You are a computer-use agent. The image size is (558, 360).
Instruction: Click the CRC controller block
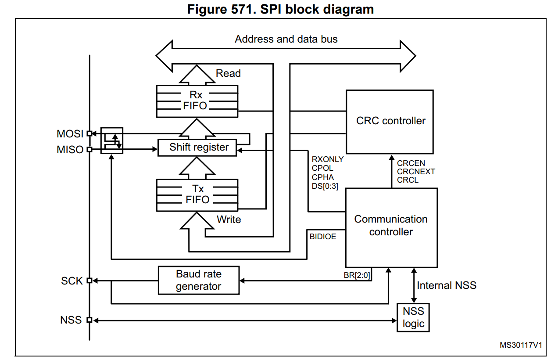click(390, 122)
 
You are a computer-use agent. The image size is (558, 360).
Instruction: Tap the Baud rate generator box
click(199, 280)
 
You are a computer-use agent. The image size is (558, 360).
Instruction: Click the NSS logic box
click(413, 317)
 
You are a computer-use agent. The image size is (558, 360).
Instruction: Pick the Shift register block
click(199, 147)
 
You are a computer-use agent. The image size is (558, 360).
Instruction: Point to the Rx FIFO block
click(197, 101)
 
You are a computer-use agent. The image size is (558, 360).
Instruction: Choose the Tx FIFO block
click(197, 194)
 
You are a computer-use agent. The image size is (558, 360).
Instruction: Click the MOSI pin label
click(70, 134)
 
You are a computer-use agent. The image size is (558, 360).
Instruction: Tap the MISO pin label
click(70, 150)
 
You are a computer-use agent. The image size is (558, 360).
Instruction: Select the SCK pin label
click(72, 281)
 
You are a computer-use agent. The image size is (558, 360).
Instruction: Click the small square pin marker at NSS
click(89, 320)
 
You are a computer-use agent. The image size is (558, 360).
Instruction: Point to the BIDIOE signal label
click(323, 237)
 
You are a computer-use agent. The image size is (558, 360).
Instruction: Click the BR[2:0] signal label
click(357, 276)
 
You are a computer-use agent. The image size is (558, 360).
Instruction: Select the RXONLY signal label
click(327, 159)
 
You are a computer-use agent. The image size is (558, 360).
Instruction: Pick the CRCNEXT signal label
click(416, 172)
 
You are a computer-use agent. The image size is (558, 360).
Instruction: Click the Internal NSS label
click(447, 285)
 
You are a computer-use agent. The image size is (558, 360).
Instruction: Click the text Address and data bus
click(286, 39)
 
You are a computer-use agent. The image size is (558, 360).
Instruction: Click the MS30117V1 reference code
click(521, 345)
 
